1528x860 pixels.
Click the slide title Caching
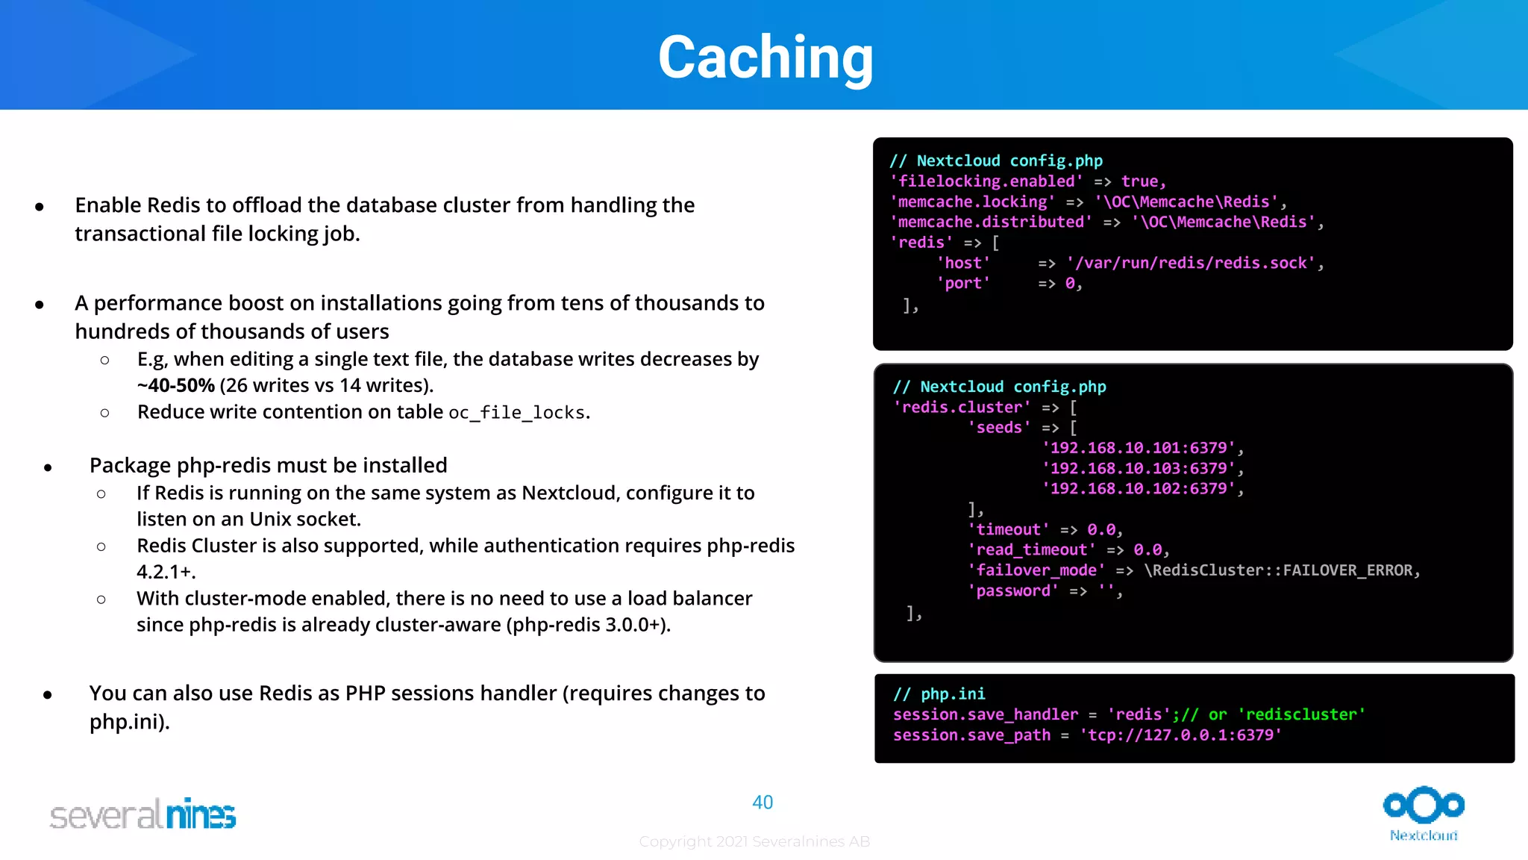[765, 57]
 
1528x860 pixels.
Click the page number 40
[763, 803]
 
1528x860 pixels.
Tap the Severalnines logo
[143, 814]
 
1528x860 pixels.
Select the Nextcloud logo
[1424, 813]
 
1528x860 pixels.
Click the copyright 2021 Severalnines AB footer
[754, 841]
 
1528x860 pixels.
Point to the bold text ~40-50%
[176, 385]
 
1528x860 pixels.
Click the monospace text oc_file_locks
[516, 413]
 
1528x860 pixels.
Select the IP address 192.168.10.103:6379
[1139, 469]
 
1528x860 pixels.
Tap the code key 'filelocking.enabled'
[986, 181]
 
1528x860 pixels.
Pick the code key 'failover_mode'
[1036, 570]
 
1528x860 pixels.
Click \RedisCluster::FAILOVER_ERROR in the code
[1277, 570]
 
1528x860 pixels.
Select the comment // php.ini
[939, 694]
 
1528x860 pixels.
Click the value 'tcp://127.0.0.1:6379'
[1180, 735]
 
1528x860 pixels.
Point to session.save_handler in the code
[985, 714]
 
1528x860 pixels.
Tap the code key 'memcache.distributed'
[991, 222]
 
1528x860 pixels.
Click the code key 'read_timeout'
[1032, 550]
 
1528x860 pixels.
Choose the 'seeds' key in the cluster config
[1000, 428]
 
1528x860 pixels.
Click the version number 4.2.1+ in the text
[165, 573]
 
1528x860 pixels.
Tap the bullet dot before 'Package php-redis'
[48, 468]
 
